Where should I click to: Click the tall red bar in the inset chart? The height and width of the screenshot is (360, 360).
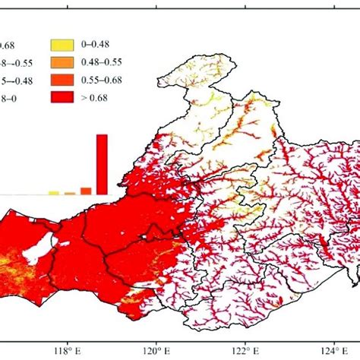pos(102,164)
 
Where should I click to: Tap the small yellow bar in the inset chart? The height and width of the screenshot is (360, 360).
pos(54,193)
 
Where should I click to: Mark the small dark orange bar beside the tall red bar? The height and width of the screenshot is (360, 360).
pos(86,191)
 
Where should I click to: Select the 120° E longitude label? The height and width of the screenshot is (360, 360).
pos(156,351)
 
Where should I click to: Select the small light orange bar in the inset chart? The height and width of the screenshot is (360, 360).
pos(70,193)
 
